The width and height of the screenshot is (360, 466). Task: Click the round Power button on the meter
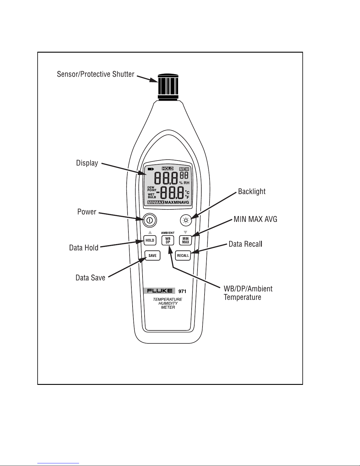click(x=150, y=220)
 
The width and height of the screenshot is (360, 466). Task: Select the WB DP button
click(x=168, y=240)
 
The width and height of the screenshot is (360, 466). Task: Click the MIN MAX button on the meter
click(x=185, y=240)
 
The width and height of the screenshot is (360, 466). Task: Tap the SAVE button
click(x=152, y=255)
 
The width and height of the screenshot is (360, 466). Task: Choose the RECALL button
click(x=183, y=255)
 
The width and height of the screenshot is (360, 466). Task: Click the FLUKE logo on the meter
click(x=160, y=291)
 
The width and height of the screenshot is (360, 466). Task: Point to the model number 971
click(x=182, y=291)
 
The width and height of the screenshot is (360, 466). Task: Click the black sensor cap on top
click(x=168, y=87)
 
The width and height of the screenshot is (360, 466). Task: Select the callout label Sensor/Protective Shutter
click(x=96, y=74)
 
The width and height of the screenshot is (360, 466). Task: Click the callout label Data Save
click(x=91, y=278)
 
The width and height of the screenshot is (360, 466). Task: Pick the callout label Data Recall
click(x=245, y=244)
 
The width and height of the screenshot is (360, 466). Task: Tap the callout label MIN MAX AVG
click(x=255, y=219)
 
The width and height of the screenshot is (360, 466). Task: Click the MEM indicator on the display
click(x=184, y=169)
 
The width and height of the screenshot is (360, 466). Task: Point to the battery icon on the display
click(x=151, y=169)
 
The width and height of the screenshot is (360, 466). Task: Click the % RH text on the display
click(x=184, y=183)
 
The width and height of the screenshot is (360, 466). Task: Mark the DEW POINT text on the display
click(x=152, y=189)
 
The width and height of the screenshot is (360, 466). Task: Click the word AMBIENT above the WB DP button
click(x=168, y=233)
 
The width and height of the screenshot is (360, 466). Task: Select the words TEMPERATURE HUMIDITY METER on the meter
click(x=168, y=303)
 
